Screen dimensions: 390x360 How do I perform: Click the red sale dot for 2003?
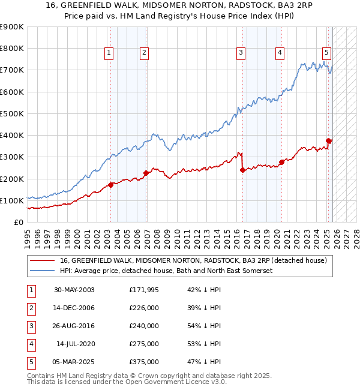pos(110,185)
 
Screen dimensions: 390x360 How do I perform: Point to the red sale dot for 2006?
pos(146,173)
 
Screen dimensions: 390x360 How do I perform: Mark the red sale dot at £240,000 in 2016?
pos(243,170)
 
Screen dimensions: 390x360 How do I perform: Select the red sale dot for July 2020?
pos(281,163)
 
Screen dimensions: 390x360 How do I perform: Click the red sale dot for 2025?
pos(328,141)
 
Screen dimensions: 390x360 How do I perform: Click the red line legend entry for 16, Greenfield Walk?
pos(193,260)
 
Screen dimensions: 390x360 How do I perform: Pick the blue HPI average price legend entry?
pos(166,271)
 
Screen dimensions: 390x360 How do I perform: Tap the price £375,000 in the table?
pos(144,362)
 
